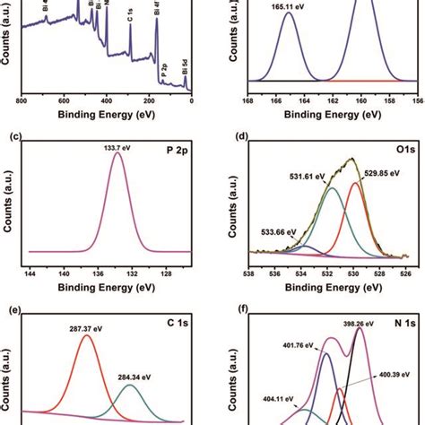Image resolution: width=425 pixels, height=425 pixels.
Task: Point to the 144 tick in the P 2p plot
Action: (x=30, y=270)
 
